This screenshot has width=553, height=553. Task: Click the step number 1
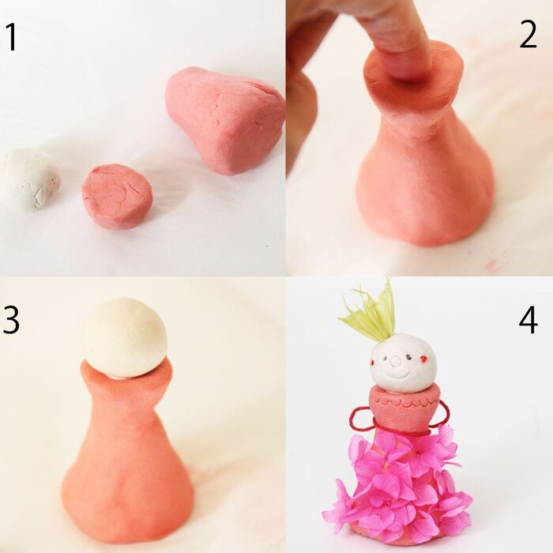click(12, 37)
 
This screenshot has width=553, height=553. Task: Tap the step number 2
click(528, 34)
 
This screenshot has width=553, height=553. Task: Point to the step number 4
click(529, 319)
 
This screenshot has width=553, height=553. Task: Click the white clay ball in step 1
click(31, 179)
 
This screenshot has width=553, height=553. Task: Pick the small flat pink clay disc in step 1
click(117, 196)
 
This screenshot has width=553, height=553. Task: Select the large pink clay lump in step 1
click(225, 121)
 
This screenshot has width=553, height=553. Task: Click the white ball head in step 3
click(125, 338)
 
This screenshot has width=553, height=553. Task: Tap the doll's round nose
click(396, 360)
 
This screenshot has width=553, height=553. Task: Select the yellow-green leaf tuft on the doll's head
click(369, 314)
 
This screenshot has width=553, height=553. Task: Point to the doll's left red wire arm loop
click(360, 418)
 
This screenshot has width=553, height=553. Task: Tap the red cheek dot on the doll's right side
click(423, 359)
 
